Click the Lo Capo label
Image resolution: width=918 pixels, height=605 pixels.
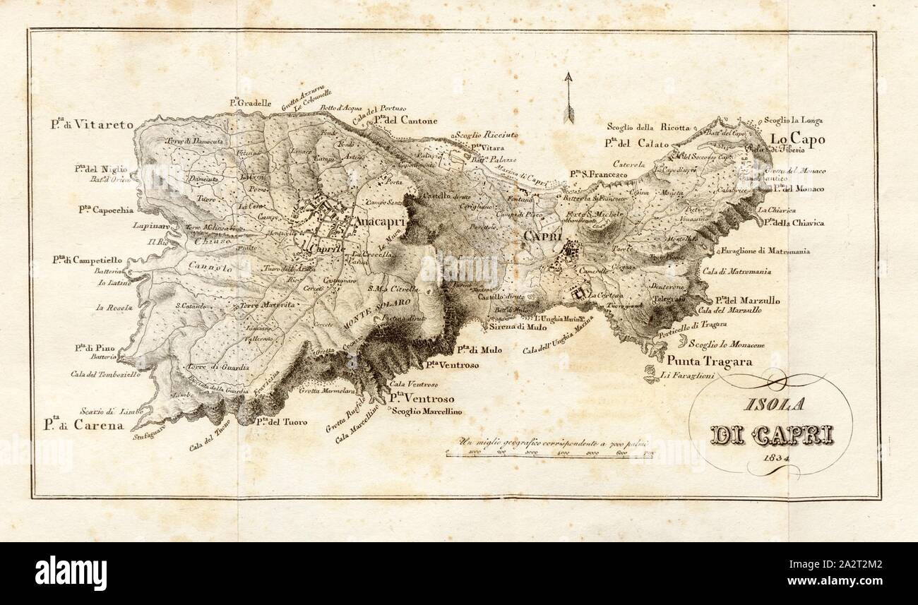[797, 139]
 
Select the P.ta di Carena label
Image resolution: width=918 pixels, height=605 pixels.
[82, 426]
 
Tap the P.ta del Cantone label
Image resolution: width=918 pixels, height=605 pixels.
[405, 120]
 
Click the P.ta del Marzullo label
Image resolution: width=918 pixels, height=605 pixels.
[747, 300]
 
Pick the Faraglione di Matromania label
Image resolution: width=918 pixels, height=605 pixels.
[765, 251]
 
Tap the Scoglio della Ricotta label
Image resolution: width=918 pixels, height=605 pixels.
[648, 127]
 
